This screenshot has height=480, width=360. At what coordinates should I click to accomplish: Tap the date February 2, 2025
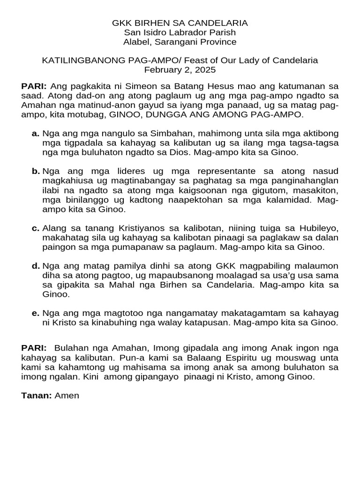pyautogui.click(x=180, y=70)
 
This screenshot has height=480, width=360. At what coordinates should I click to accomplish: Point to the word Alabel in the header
pyautogui.click(x=136, y=42)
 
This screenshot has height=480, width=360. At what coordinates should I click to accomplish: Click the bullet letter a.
pyautogui.click(x=35, y=133)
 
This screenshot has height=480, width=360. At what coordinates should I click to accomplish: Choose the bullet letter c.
pyautogui.click(x=35, y=228)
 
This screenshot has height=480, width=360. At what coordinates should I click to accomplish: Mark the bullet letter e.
pyautogui.click(x=35, y=314)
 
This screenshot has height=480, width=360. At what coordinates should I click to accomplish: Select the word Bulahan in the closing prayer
pyautogui.click(x=70, y=348)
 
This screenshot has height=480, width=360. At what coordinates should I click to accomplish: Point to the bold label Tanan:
pyautogui.click(x=37, y=396)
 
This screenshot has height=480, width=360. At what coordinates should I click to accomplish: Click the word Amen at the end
pyautogui.click(x=67, y=396)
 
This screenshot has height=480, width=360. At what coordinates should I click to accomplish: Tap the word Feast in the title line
pyautogui.click(x=208, y=60)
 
